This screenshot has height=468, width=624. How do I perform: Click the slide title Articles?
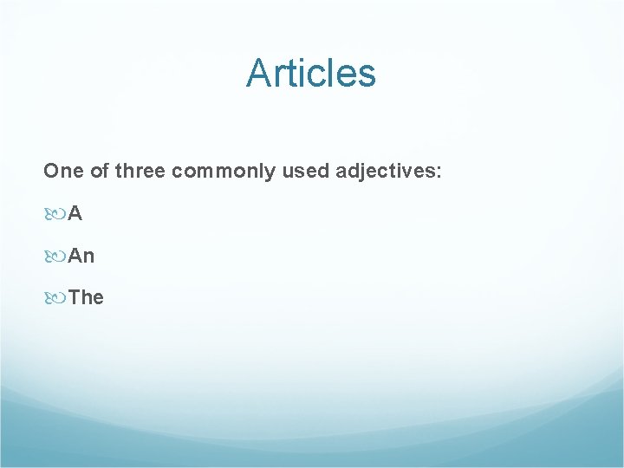tap(311, 73)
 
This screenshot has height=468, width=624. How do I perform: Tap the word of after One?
tap(100, 172)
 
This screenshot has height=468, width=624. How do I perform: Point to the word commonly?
tap(224, 172)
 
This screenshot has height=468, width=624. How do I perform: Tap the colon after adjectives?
tap(439, 172)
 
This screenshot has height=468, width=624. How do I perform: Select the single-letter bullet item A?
tap(75, 214)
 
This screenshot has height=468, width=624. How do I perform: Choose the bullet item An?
tap(81, 256)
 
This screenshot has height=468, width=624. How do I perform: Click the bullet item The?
tap(86, 297)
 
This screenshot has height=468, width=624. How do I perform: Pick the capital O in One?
tap(51, 172)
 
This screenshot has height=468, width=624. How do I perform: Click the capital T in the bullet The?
tap(74, 297)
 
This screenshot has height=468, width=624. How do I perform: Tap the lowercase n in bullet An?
tap(88, 257)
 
